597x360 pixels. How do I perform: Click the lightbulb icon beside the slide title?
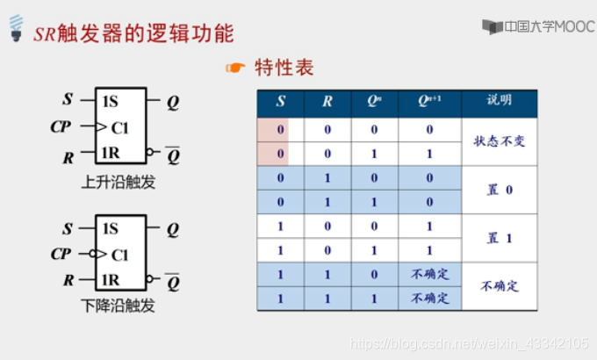pos(14,33)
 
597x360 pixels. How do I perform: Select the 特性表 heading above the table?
pos(283,68)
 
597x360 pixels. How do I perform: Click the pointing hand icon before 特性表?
pos(235,68)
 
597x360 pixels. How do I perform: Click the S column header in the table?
pos(280,102)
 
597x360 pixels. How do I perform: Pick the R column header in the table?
pos(327,102)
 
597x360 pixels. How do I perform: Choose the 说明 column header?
pos(499,101)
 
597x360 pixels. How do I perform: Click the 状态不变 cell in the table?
pos(499,140)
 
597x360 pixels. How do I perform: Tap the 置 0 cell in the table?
pos(499,190)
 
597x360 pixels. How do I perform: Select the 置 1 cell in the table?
pos(499,238)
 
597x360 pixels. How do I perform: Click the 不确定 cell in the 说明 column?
pos(499,286)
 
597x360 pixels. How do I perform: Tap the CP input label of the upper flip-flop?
pos(61,128)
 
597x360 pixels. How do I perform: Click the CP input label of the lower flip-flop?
pos(61,255)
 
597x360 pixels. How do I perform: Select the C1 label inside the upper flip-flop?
pos(119,128)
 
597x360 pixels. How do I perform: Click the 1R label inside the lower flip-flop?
pos(111,281)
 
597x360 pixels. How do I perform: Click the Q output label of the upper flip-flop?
pos(173,103)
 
